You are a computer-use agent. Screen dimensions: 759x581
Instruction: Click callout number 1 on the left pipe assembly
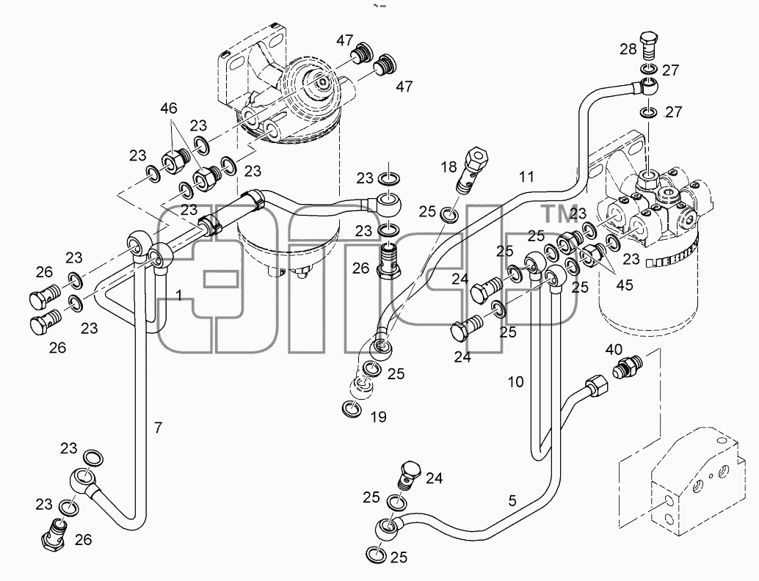click(x=179, y=295)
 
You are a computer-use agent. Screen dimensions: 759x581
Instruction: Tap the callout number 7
click(x=159, y=428)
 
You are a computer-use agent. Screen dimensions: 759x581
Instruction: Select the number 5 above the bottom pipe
click(x=512, y=501)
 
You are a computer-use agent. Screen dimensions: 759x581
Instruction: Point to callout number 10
click(x=516, y=382)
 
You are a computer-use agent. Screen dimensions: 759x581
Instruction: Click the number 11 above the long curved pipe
click(x=526, y=177)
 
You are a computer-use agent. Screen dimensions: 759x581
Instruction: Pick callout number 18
click(x=448, y=167)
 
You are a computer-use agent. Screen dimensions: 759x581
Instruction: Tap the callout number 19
click(x=379, y=417)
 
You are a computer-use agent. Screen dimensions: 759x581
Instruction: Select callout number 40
click(x=614, y=349)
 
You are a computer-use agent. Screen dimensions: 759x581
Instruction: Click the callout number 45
click(x=625, y=285)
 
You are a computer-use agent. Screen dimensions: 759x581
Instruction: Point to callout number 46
click(x=169, y=109)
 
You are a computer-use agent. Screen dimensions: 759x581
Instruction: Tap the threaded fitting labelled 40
click(x=628, y=367)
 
